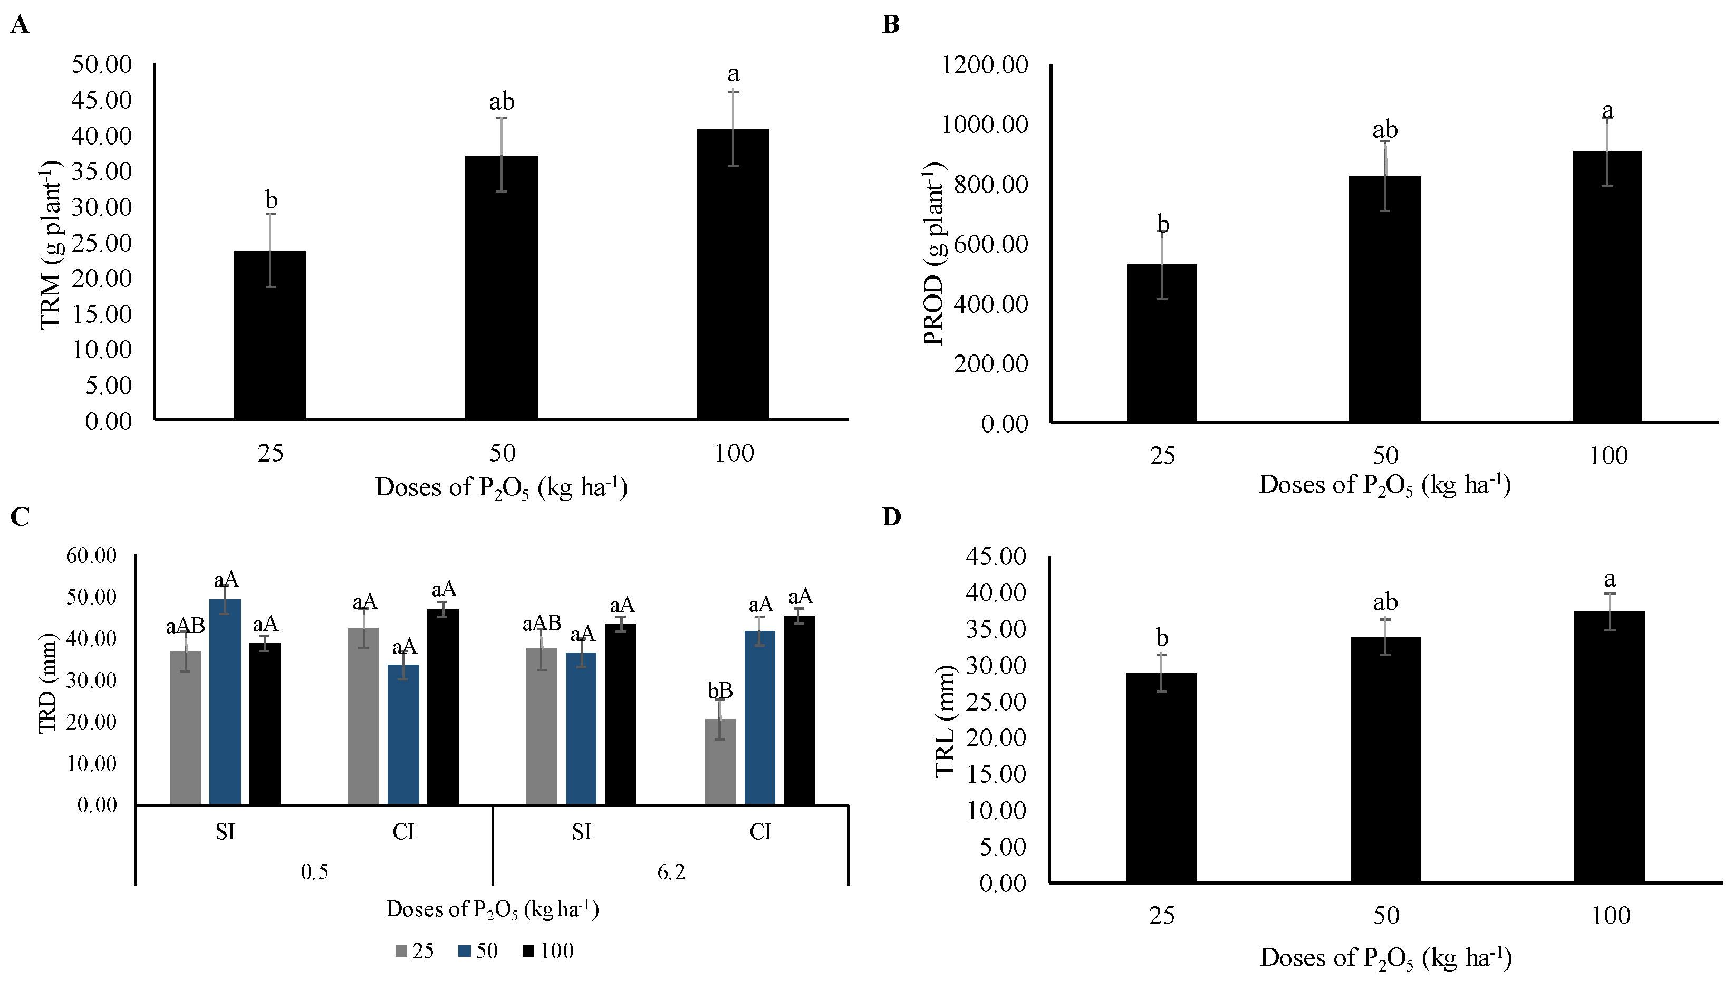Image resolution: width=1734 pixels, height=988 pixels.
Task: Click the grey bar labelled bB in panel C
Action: pyautogui.click(x=720, y=761)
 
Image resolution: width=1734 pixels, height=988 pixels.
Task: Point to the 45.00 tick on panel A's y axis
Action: pyautogui.click(x=102, y=100)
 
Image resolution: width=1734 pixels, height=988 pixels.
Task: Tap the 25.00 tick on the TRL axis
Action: pyautogui.click(x=996, y=701)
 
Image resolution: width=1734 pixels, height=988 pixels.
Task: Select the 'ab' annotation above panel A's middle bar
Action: pyautogui.click(x=502, y=102)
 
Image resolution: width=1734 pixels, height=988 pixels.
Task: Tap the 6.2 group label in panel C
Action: pyautogui.click(x=671, y=872)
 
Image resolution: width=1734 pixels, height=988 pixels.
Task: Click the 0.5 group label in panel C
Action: pyautogui.click(x=314, y=872)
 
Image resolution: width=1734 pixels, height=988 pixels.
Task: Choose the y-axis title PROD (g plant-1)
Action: pyautogui.click(x=934, y=254)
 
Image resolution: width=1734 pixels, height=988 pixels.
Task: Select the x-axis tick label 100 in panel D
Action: pyautogui.click(x=1611, y=916)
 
